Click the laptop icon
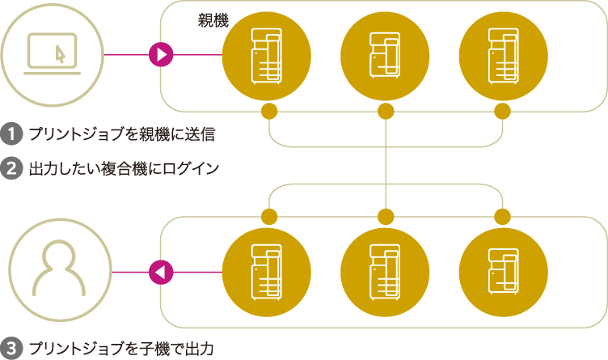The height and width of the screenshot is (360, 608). (x=53, y=54)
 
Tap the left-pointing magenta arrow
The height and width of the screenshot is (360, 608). (x=162, y=273)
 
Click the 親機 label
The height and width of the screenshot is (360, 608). (x=213, y=22)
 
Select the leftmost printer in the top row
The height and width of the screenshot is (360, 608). (x=268, y=55)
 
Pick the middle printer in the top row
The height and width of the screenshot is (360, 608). (x=386, y=55)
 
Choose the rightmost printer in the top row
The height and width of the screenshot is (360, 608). (x=502, y=55)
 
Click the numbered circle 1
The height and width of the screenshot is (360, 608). (x=11, y=132)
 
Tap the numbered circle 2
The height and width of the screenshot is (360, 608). (x=11, y=169)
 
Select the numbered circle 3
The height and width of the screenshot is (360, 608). (x=11, y=349)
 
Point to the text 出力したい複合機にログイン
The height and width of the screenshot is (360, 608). (x=124, y=169)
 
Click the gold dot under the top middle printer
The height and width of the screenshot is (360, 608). (x=386, y=110)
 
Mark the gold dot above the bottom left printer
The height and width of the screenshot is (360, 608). (x=268, y=217)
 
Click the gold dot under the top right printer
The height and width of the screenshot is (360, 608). (x=502, y=110)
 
